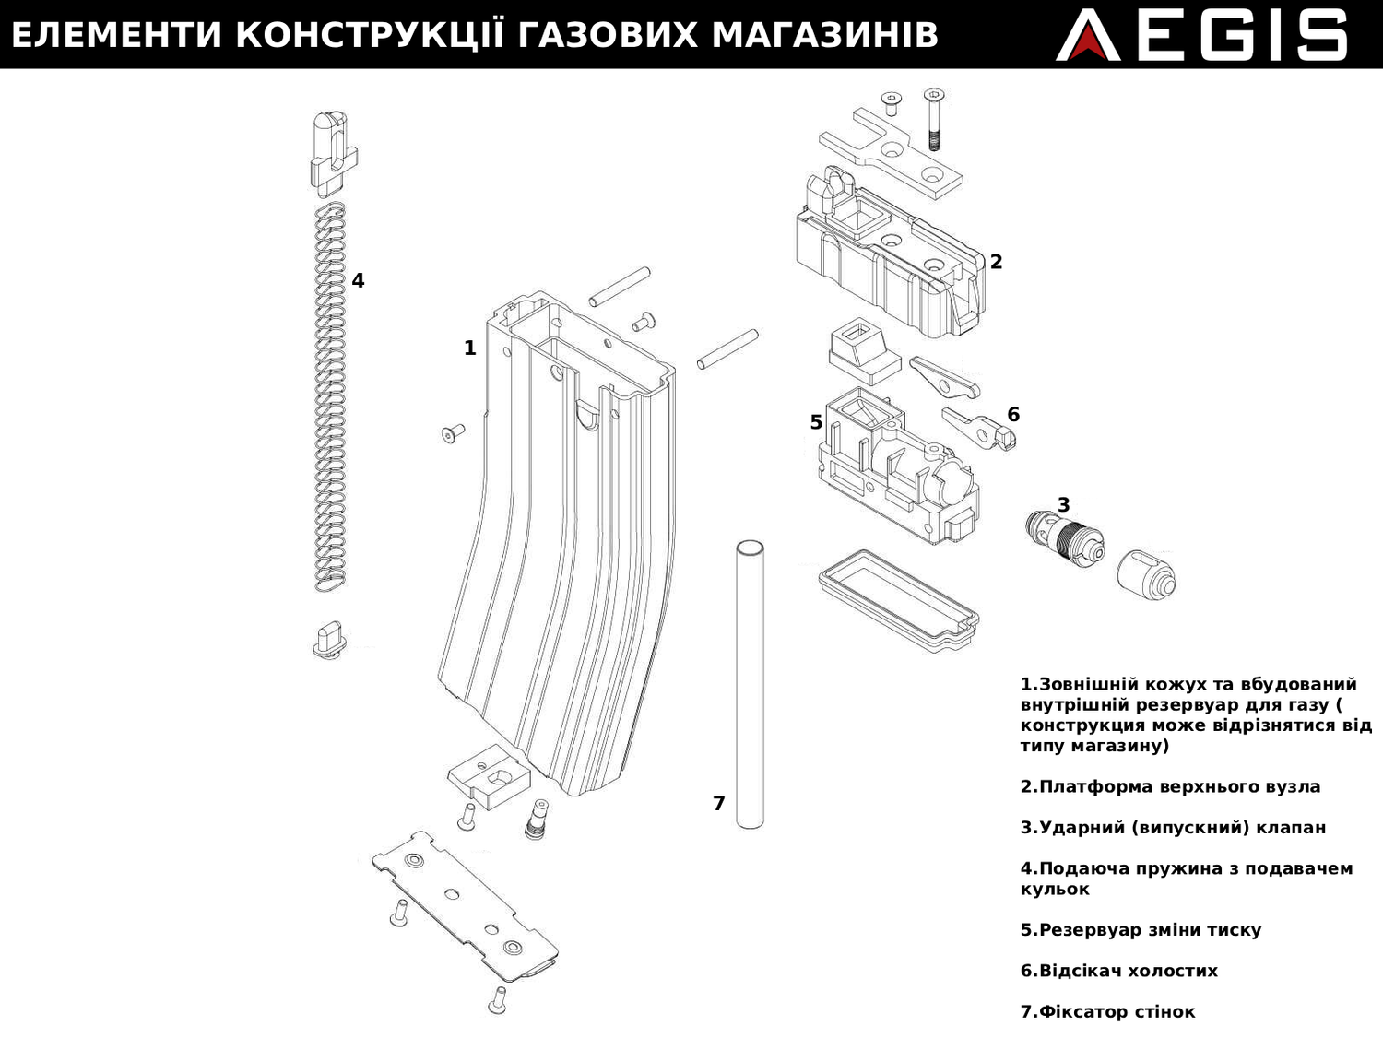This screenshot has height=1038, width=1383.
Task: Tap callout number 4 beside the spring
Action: click(358, 280)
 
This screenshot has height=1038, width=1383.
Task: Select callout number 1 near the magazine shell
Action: click(469, 348)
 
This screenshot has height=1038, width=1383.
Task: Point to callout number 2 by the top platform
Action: click(996, 262)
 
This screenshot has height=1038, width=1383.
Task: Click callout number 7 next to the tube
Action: click(719, 804)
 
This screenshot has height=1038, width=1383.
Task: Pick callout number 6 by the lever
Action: click(1013, 415)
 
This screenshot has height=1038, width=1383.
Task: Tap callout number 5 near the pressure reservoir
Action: click(816, 422)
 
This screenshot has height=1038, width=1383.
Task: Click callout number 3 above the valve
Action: click(1063, 505)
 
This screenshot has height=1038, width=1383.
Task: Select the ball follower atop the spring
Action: click(332, 152)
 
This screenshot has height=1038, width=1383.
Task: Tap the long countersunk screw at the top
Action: click(934, 120)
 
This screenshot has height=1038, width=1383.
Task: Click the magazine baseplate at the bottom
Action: click(466, 906)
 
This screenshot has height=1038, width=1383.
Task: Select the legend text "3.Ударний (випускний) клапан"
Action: click(1173, 828)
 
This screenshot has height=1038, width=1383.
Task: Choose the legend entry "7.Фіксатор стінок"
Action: click(1107, 1011)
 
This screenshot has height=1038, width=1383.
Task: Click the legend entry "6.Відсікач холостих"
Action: click(1118, 971)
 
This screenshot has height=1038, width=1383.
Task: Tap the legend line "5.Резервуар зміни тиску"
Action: click(1141, 930)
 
